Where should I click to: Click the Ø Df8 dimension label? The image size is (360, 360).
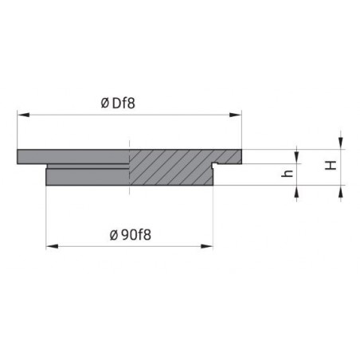click(x=118, y=104)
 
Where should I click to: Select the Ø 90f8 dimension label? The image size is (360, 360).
click(x=131, y=235)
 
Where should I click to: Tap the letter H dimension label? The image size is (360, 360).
click(x=331, y=166)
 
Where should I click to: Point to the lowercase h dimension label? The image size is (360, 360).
click(x=288, y=174)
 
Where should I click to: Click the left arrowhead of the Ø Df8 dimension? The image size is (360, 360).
click(x=23, y=115)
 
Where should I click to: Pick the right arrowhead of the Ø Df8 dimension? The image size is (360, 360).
click(x=236, y=115)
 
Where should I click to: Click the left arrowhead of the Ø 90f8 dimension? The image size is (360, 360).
click(x=52, y=246)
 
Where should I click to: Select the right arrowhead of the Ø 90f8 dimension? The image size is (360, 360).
click(x=207, y=246)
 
